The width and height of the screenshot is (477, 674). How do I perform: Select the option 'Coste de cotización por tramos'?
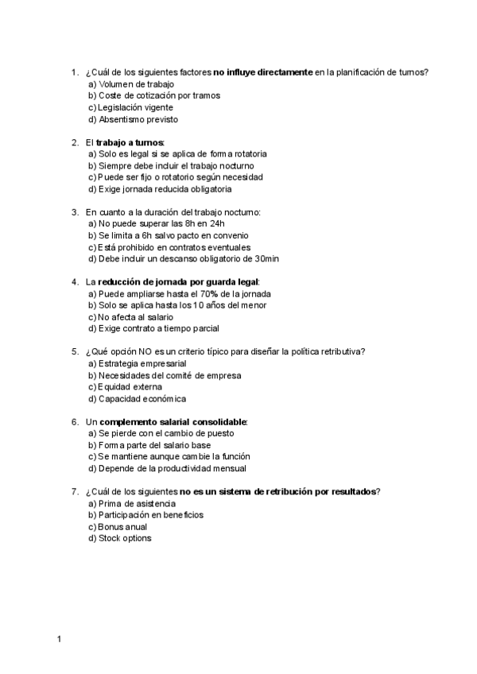click(x=159, y=95)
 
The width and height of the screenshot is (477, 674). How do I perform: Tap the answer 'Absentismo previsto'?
click(x=138, y=119)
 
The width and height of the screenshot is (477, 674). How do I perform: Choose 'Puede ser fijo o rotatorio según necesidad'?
click(x=180, y=177)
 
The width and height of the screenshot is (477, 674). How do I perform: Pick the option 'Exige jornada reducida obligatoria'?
click(x=165, y=189)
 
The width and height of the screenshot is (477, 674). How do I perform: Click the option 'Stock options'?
click(x=125, y=538)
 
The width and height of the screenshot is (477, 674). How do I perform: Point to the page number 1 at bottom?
click(x=60, y=638)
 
